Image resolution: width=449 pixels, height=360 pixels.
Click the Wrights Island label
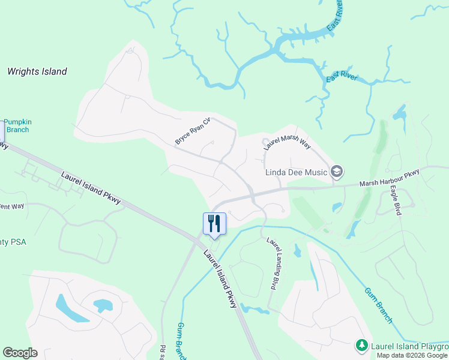(37, 71)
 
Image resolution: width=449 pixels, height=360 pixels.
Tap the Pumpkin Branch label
(18, 126)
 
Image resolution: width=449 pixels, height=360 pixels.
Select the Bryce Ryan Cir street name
(193, 131)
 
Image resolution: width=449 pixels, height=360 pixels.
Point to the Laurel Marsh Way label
(287, 145)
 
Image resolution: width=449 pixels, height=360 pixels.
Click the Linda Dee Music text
(296, 173)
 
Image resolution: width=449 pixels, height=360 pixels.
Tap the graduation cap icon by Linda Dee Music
(337, 173)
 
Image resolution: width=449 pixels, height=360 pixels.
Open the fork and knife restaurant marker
(214, 224)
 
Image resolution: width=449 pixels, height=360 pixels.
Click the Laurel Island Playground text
(409, 346)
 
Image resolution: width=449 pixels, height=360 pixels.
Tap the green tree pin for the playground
(361, 346)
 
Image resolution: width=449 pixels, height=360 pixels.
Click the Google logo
(20, 353)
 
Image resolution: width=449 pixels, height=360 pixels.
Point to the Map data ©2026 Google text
(412, 355)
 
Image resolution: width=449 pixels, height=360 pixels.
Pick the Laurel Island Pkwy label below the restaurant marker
(220, 280)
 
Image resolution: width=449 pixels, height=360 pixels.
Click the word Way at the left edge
(16, 207)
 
